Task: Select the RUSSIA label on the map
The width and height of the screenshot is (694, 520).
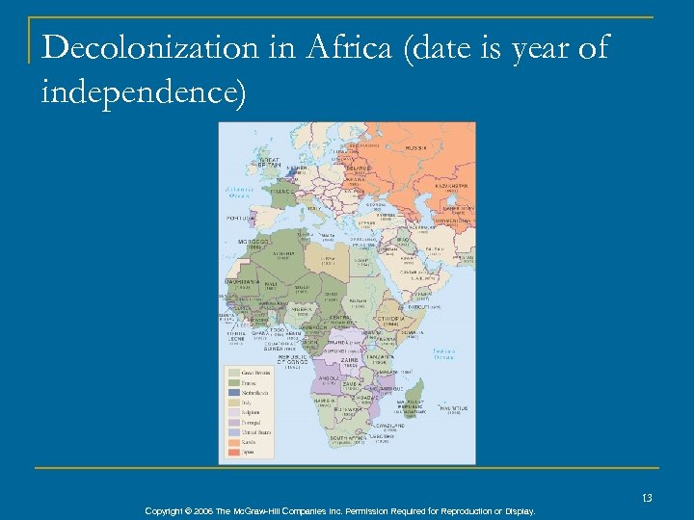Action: coord(415,148)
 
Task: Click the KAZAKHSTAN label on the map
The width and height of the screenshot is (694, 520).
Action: coord(454,185)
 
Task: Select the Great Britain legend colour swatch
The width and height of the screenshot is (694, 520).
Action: coord(233,373)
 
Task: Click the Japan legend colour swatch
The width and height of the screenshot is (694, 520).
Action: coord(233,452)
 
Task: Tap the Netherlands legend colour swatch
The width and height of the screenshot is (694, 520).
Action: coord(233,393)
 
